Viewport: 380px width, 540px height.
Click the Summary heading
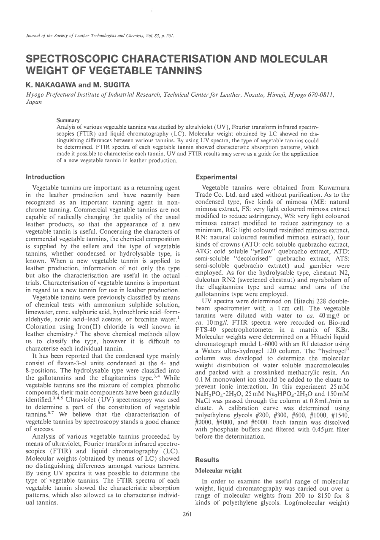[68, 121]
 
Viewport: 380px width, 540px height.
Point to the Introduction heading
[46, 177]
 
